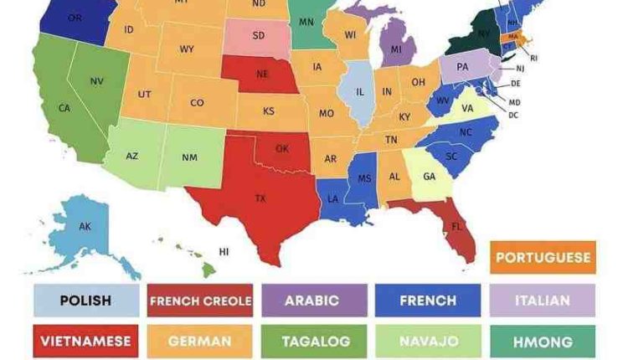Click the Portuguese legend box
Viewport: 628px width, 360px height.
coord(543,257)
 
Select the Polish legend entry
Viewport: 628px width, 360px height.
coord(86,301)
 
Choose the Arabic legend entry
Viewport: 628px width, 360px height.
coord(314,301)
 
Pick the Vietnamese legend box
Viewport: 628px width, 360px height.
coord(86,342)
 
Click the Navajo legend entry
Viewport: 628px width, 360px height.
coord(428,342)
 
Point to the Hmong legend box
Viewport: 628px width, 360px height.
coord(542,342)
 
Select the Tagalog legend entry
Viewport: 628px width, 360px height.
coord(314,342)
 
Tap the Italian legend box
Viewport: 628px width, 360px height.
coord(542,301)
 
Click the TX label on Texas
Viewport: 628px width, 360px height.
coord(260,198)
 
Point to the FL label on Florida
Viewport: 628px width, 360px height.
coord(457,226)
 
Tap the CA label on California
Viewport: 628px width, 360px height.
coord(64,108)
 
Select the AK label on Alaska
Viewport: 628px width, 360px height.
coord(85,226)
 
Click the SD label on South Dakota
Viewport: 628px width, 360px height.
coord(260,36)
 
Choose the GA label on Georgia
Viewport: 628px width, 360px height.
coord(429,177)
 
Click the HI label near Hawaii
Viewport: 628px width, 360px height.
coord(224,250)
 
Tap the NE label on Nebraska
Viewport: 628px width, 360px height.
coord(262,74)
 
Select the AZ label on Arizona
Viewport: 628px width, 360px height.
coord(132,156)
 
